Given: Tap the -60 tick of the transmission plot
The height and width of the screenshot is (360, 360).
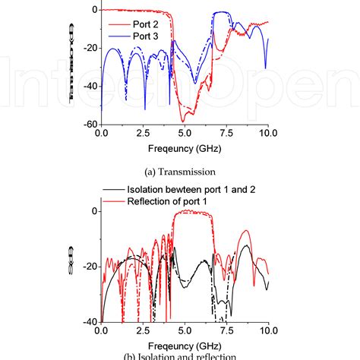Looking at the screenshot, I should point(90,124).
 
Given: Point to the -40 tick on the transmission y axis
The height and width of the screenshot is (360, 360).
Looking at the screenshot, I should point(90,86).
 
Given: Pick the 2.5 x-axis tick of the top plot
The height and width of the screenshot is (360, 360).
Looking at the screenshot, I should point(143,133).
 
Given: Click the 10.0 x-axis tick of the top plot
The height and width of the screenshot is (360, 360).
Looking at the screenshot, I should point(267,133).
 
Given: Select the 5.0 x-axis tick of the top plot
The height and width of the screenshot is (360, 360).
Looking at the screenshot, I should point(185,133).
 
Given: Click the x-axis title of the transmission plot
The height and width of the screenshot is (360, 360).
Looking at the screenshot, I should point(185,148).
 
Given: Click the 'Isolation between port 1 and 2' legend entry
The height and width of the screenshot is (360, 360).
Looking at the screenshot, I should point(190,187).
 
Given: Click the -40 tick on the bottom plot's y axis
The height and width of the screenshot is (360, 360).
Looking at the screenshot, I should point(90,321).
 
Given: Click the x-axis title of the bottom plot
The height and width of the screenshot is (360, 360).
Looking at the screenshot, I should point(185,345).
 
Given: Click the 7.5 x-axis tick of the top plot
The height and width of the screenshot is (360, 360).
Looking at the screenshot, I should point(226,133).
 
